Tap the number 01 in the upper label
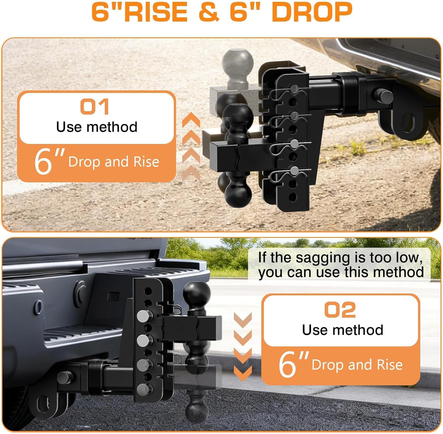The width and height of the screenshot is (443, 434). [x=95, y=107]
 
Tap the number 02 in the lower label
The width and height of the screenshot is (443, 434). [x=340, y=310]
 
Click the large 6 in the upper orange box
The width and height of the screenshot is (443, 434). [x=43, y=162]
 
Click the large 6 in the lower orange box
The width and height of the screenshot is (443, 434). [x=287, y=365]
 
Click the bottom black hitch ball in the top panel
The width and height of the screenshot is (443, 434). [x=238, y=193]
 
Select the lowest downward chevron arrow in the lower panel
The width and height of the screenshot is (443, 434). [x=243, y=373]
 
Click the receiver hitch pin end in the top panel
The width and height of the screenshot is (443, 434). [x=385, y=96]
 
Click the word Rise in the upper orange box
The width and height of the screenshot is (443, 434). [x=146, y=162]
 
